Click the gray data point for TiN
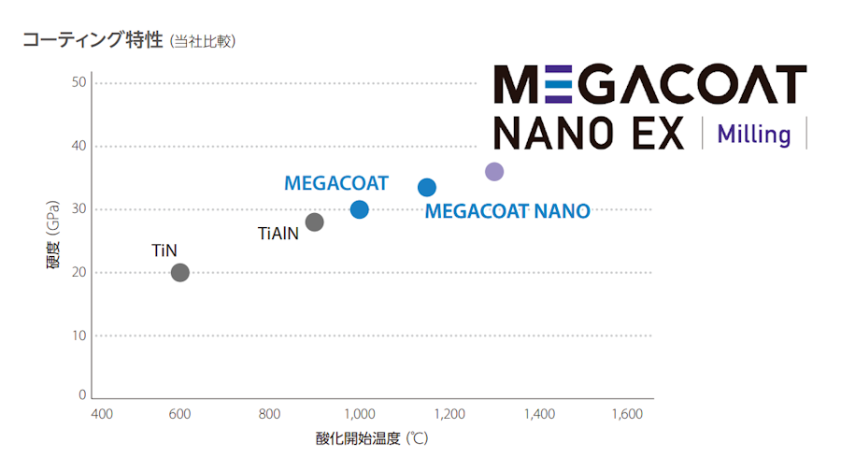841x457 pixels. pos(180,272)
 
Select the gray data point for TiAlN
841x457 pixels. pos(314,221)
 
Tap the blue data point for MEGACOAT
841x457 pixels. pos(359,209)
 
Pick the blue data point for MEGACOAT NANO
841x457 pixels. pos(427,187)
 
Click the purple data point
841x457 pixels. pos(494,171)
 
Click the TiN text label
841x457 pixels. pos(164,250)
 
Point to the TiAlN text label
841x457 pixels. pos(278,234)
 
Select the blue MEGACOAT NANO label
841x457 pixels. pos(507,212)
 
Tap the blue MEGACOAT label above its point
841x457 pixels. pos(335,183)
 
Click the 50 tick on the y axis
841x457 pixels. pos(78,82)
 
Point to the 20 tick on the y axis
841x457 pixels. pos(78,272)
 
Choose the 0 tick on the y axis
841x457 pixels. pos(82,394)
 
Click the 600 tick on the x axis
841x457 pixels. pos(180,414)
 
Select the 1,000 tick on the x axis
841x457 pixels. pos(359,414)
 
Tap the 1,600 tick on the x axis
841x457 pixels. pos(626,414)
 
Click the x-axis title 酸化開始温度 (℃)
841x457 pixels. pos(372,438)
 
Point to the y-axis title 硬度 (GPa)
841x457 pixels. pos(54,239)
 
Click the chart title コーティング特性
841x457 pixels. pos(93,40)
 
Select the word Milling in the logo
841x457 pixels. pos(753,134)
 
